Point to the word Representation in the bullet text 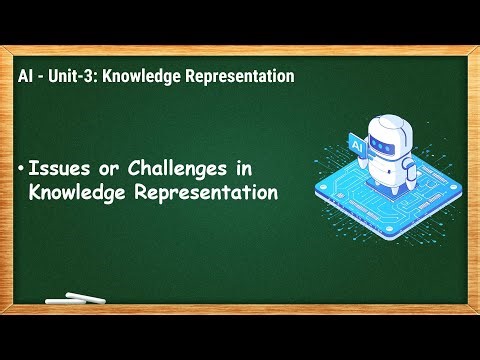[204, 192]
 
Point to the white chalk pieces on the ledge [76, 298]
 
